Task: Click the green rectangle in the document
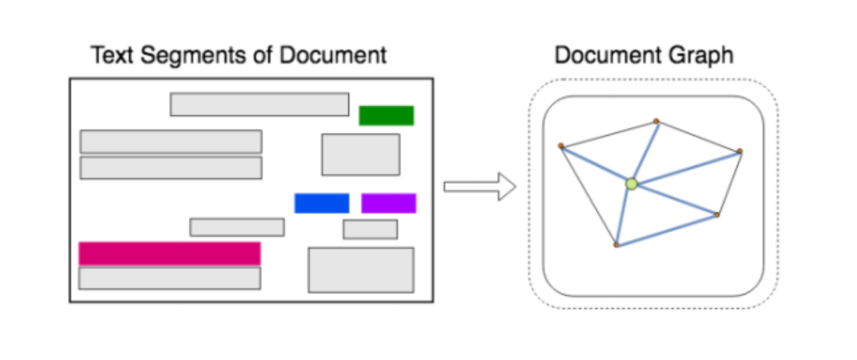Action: [x=386, y=116]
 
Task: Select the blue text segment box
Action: [x=322, y=203]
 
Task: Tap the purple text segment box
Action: [x=388, y=203]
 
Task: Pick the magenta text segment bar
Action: [x=170, y=253]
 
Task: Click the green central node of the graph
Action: [x=631, y=184]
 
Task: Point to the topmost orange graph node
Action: [x=656, y=121]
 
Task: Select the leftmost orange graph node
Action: [x=561, y=146]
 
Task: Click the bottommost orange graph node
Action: [x=615, y=245]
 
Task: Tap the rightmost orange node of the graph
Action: [x=739, y=151]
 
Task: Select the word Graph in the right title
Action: [x=704, y=55]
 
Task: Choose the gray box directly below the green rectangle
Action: [x=360, y=155]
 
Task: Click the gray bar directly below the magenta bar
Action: [x=170, y=279]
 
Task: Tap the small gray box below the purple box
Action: [x=370, y=230]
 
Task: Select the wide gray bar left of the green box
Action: [x=259, y=104]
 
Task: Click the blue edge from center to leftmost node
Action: [x=596, y=165]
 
